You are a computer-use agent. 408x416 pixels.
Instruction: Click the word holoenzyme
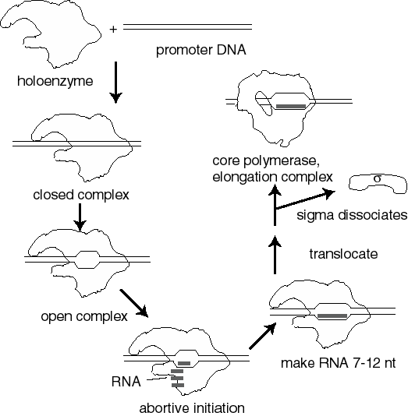click(55, 81)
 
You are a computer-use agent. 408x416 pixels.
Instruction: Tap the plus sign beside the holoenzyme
click(113, 29)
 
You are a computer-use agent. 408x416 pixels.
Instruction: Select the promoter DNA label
click(200, 50)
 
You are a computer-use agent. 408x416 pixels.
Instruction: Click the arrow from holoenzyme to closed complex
click(115, 83)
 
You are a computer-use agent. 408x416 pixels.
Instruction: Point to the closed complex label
click(81, 196)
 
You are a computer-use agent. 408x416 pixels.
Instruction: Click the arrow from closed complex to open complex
click(80, 217)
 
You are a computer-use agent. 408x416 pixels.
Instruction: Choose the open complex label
click(84, 316)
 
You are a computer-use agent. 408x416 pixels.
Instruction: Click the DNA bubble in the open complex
click(87, 259)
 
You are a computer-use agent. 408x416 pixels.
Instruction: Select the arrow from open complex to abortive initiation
click(134, 303)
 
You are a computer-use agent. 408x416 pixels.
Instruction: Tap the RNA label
click(126, 382)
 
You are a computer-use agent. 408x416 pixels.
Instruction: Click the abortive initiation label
click(192, 408)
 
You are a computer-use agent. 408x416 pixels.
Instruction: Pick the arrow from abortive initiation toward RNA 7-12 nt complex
click(263, 335)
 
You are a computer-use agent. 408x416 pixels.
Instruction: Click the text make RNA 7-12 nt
click(339, 363)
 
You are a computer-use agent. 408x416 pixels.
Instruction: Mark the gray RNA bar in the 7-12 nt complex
click(332, 316)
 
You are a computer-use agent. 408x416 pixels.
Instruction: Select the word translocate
click(343, 254)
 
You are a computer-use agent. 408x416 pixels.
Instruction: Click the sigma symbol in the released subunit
click(378, 178)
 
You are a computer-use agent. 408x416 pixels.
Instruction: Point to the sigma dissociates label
click(352, 215)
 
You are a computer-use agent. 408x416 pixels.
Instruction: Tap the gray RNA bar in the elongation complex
click(291, 106)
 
